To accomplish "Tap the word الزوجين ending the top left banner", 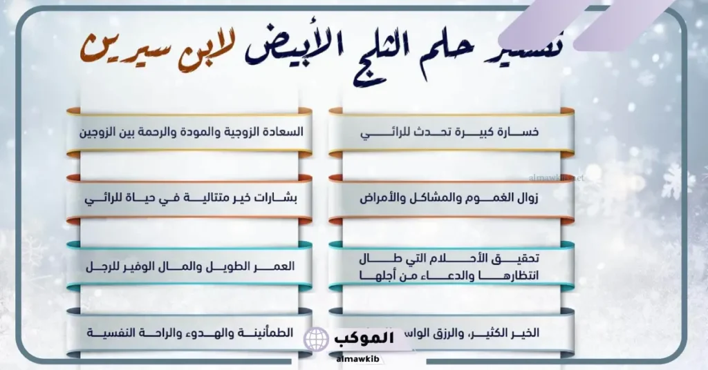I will [x=104, y=132].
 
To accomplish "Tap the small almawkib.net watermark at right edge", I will [x=563, y=177].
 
